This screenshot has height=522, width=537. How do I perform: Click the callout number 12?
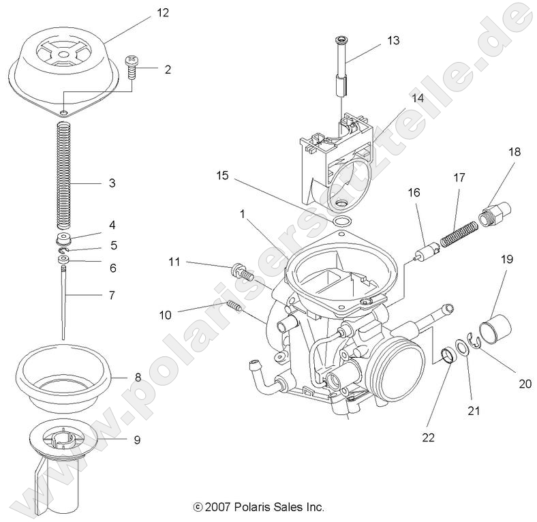tap(162, 12)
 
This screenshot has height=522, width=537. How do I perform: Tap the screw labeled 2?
tap(131, 67)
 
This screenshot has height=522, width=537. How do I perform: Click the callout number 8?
tap(138, 375)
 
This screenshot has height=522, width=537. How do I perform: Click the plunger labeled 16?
tap(429, 251)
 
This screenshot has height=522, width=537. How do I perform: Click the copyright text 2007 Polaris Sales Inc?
tap(259, 507)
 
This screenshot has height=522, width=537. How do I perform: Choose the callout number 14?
tap(416, 97)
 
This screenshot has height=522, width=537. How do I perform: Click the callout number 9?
tap(137, 440)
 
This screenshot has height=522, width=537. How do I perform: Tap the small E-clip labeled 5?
tap(63, 253)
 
